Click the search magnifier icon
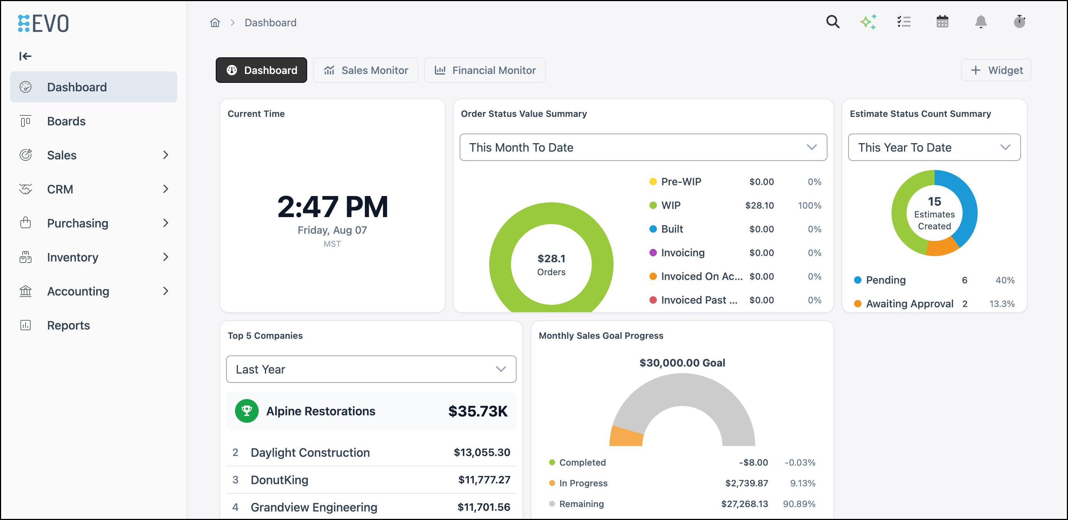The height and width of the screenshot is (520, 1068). click(x=833, y=21)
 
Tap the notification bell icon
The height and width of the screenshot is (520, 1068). click(x=981, y=21)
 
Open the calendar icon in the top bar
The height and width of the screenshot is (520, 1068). click(x=943, y=21)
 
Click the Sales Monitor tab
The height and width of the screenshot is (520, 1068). click(x=365, y=70)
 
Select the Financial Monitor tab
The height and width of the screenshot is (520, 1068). click(x=485, y=70)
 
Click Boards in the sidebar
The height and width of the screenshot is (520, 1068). click(x=66, y=121)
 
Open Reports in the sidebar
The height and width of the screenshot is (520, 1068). click(x=68, y=325)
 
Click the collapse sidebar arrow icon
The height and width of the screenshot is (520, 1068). click(x=25, y=56)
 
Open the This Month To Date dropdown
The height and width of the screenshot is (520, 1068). click(x=643, y=147)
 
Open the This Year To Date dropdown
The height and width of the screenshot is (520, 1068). click(x=934, y=147)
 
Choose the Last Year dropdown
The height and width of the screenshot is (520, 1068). click(x=371, y=369)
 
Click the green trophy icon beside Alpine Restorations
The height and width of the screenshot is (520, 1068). click(x=247, y=411)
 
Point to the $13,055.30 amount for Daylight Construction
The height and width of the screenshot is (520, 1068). click(x=482, y=452)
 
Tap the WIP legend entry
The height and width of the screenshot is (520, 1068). click(x=671, y=205)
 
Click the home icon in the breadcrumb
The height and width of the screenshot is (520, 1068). click(x=215, y=22)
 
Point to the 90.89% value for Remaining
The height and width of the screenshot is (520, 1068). click(x=799, y=503)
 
